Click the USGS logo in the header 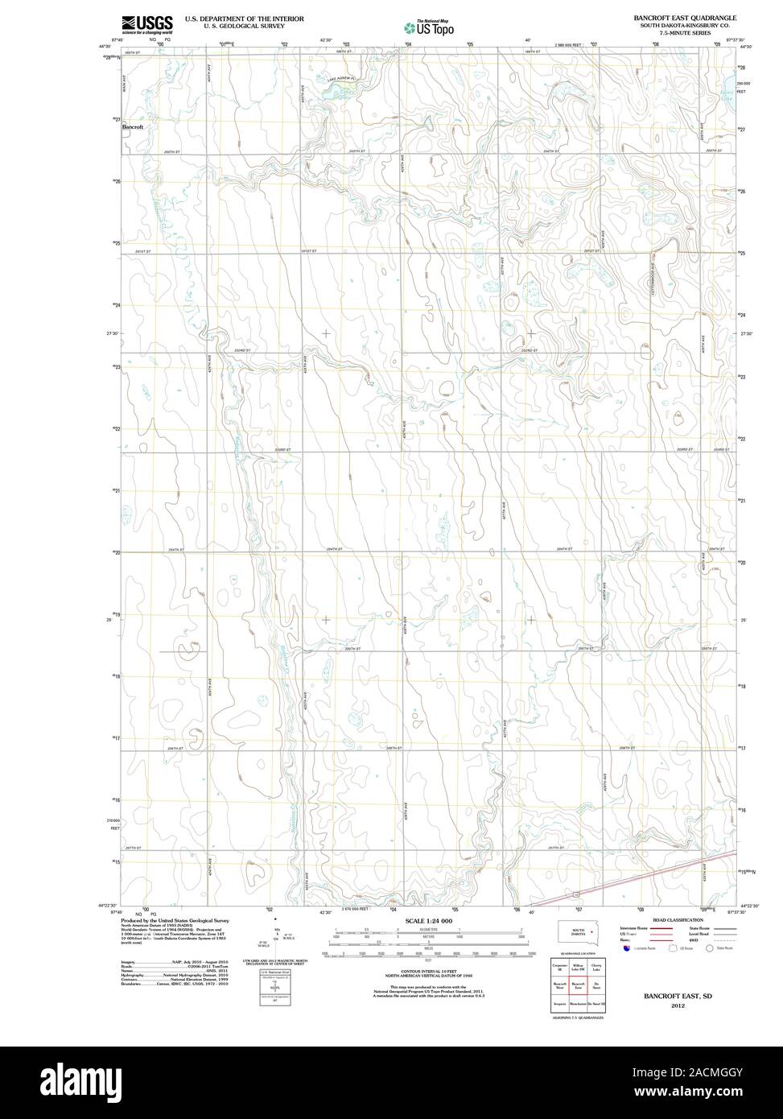pyautogui.click(x=146, y=24)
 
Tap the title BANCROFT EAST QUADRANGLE pyautogui.click(x=684, y=17)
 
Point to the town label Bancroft pyautogui.click(x=133, y=127)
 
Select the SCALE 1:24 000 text pyautogui.click(x=429, y=921)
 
